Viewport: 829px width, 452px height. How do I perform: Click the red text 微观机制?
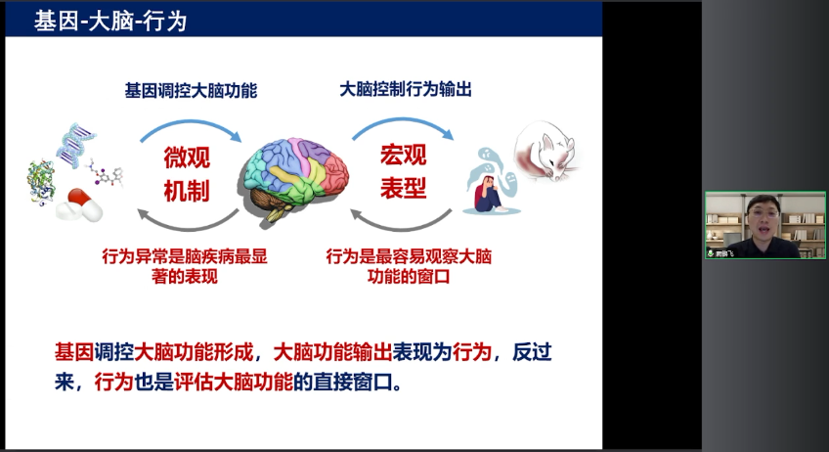point(186,174)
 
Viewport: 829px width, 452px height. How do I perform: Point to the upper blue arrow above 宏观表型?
point(401,121)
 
